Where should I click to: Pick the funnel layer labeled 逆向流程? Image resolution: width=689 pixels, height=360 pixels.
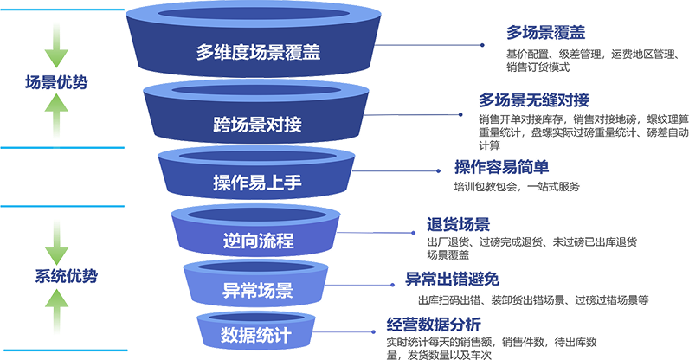pos(257,237)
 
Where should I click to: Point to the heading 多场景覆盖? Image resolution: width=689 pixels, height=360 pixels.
pos(545,33)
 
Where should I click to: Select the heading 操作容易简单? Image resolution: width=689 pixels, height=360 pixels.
pos(502,167)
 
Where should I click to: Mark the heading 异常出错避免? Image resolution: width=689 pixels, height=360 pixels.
pos(453,280)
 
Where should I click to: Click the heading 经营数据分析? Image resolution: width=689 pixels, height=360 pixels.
pos(430,325)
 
